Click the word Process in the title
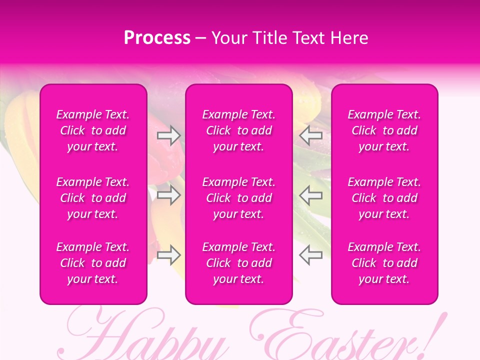coord(157,38)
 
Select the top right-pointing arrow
coord(168,135)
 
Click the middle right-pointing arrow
coord(168,195)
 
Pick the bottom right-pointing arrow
coord(168,255)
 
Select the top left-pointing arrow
coord(311,135)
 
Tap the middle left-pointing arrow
coord(311,195)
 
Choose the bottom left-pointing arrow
coord(311,255)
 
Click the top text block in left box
coord(93,130)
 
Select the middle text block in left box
coord(93,198)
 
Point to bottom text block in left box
coord(93,263)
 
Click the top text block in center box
coord(239,130)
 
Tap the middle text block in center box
coord(239,198)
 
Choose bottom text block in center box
coord(239,263)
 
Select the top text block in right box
coord(384,130)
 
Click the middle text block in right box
coord(384,198)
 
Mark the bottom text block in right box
coord(384,263)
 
